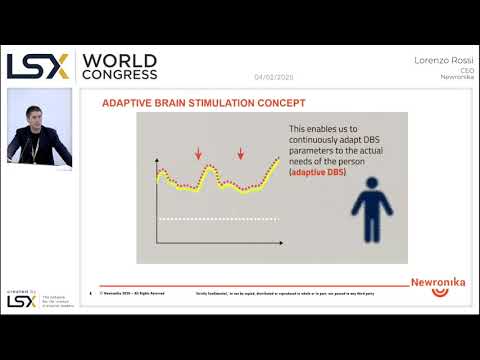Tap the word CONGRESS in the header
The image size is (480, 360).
click(x=120, y=74)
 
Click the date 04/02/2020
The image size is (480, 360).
click(x=274, y=77)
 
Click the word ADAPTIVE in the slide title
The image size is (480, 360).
click(x=131, y=103)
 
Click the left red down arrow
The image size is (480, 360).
click(x=199, y=153)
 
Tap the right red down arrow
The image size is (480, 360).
click(x=241, y=153)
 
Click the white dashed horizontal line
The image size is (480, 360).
click(x=215, y=218)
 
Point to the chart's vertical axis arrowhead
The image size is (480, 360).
click(x=156, y=162)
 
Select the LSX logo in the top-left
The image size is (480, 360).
click(x=38, y=65)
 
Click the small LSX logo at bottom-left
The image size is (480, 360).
click(x=21, y=301)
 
